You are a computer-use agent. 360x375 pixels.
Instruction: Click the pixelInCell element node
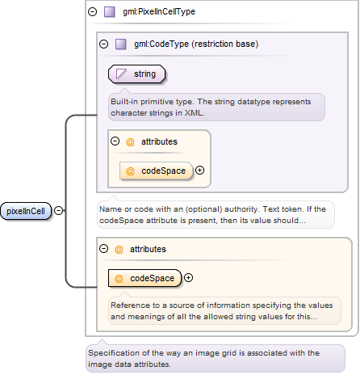26,211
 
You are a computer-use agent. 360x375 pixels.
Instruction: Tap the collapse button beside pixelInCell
59,210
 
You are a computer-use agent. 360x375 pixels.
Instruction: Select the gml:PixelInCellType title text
159,11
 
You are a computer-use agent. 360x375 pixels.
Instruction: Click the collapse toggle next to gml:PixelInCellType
93,11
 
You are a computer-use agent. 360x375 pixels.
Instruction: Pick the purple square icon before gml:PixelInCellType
110,12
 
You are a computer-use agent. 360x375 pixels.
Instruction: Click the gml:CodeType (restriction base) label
196,44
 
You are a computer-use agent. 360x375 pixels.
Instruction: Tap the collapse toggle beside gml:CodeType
104,44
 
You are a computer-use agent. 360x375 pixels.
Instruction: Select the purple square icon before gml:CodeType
121,44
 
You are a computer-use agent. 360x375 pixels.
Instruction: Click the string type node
136,74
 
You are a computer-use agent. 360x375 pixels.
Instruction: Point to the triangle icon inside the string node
121,74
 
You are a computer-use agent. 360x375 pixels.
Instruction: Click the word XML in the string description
194,113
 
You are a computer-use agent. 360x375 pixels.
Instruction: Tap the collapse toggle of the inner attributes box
115,141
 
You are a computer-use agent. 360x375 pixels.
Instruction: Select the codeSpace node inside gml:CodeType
157,171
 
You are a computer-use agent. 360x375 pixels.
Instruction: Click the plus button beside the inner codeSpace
199,171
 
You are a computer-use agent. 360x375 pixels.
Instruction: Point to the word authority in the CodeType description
241,209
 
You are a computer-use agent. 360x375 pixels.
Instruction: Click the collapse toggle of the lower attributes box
104,249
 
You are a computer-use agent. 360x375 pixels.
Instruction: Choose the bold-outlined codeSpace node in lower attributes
145,278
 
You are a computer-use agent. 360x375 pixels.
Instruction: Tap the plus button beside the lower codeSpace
188,278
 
